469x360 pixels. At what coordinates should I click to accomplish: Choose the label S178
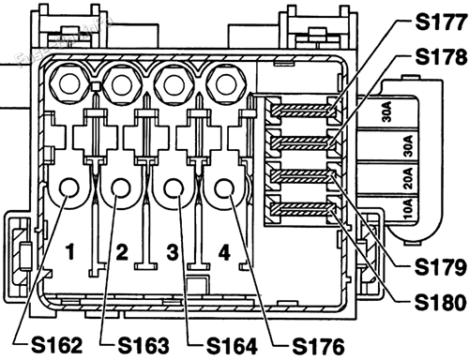click(438, 57)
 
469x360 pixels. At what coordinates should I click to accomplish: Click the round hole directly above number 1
click(69, 193)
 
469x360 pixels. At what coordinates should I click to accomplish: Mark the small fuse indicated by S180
click(297, 207)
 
